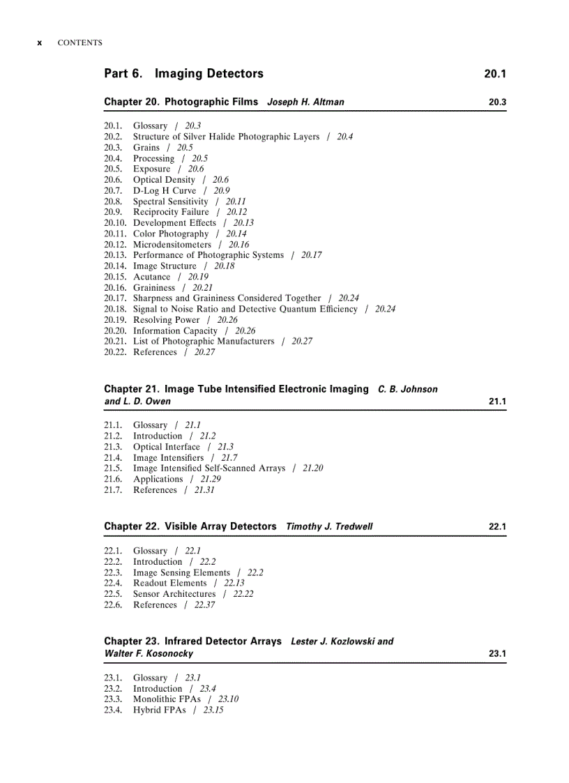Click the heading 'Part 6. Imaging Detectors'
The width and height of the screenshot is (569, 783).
[x=183, y=73]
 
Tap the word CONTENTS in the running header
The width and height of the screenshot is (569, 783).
[x=79, y=43]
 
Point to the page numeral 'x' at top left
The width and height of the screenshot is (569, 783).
[x=40, y=43]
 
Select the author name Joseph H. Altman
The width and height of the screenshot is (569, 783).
[x=305, y=102]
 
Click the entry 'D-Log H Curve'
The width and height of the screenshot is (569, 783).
[x=165, y=190]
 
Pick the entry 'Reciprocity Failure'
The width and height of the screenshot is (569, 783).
[x=171, y=212]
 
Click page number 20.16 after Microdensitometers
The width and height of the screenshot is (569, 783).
[x=238, y=245]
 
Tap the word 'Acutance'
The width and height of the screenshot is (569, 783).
[x=151, y=277]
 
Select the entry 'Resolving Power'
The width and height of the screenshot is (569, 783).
[x=166, y=320]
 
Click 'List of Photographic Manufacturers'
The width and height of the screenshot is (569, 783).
[x=204, y=341]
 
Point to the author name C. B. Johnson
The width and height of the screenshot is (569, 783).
[x=408, y=389]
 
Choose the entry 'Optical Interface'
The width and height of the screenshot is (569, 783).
[x=166, y=447]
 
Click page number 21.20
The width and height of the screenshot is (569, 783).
[x=312, y=469]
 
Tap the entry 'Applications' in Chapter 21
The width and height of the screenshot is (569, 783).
[x=158, y=479]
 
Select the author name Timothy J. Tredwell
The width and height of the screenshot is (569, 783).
[x=329, y=526]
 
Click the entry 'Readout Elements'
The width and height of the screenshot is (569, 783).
[x=169, y=583]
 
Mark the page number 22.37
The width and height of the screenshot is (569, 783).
[x=204, y=605]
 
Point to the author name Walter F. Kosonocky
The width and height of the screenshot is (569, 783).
[x=149, y=653]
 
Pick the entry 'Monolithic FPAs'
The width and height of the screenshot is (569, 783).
[x=167, y=699]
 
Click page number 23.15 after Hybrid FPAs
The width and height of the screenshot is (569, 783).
[x=213, y=710]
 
